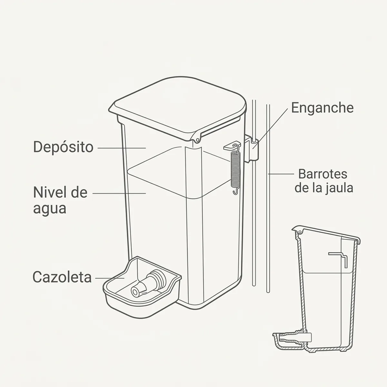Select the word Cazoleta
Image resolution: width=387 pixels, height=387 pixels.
(62, 277)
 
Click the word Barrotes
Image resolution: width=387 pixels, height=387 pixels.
(322, 174)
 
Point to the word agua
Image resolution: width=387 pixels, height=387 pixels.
(50, 209)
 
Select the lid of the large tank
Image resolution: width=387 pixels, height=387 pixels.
(178, 108)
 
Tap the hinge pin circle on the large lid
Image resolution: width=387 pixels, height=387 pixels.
(198, 139)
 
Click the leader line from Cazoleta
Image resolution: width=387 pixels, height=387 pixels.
(110, 278)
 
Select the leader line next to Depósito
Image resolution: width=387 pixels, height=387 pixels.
(122, 148)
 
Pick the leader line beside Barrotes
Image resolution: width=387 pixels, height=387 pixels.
(281, 174)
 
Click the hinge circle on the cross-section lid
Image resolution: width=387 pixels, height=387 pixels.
(300, 232)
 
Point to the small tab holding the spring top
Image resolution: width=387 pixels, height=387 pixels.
(231, 147)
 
